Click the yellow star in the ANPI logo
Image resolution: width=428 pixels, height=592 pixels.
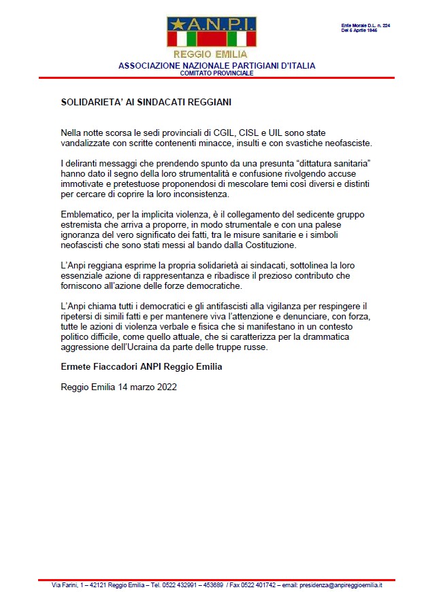pos(179,24)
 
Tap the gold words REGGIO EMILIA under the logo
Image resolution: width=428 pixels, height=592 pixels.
pos(210,54)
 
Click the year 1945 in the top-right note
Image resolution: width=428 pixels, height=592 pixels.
pos(388,31)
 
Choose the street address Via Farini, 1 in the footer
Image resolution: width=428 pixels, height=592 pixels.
pos(71,585)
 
